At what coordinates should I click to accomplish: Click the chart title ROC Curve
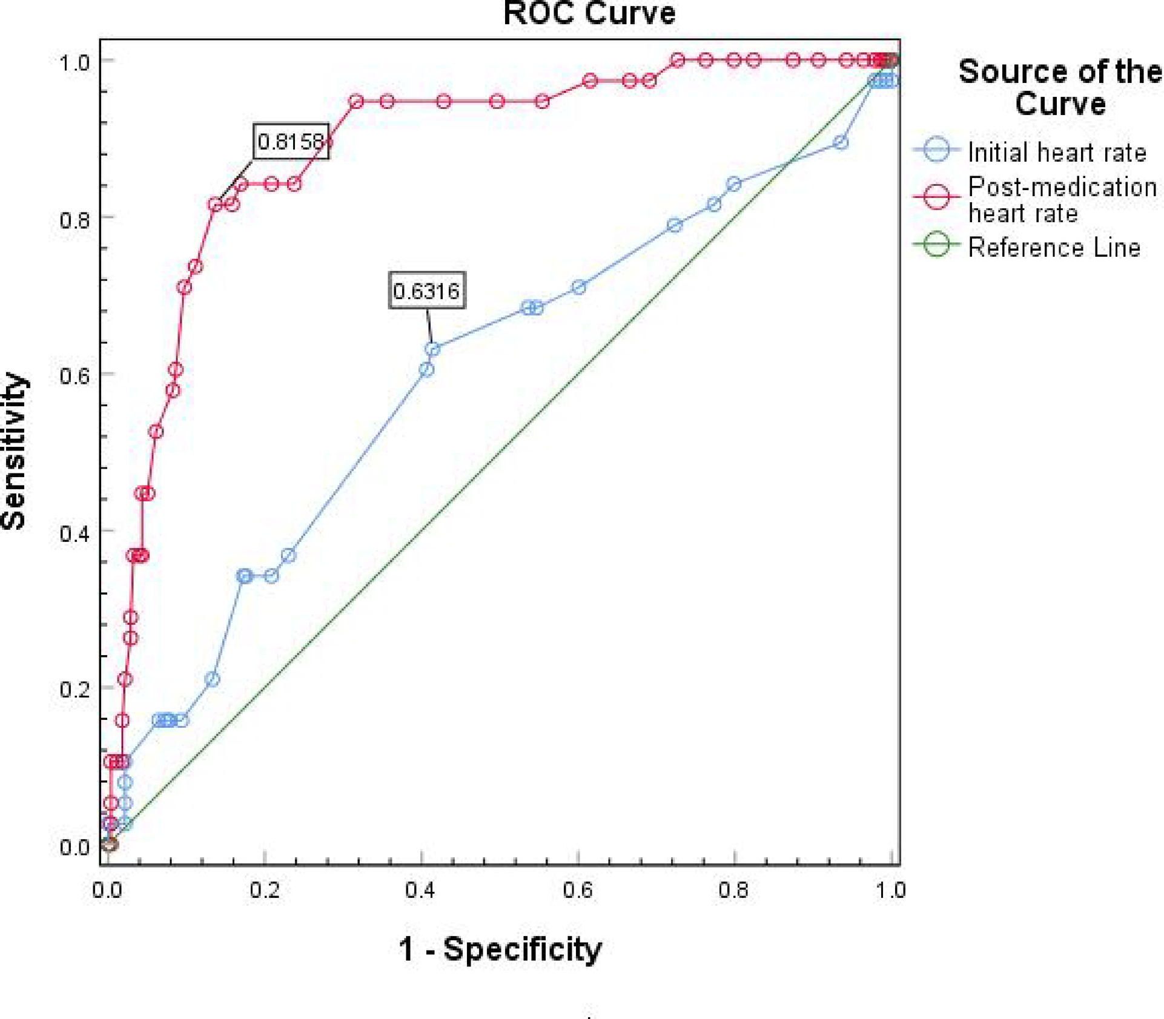[x=589, y=13]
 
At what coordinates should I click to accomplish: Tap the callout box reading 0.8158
[x=291, y=142]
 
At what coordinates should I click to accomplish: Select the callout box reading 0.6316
[x=426, y=291]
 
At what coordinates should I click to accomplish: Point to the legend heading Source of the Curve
[x=1060, y=87]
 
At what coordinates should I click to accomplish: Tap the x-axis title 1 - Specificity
[x=500, y=948]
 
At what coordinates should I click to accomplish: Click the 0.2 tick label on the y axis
[x=75, y=689]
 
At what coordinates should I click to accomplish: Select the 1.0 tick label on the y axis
[x=75, y=62]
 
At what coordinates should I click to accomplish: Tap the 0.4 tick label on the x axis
[x=420, y=890]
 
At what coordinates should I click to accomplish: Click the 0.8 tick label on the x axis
[x=733, y=890]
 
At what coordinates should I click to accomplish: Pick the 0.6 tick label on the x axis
[x=577, y=890]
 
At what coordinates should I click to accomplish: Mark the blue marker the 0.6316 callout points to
[x=432, y=349]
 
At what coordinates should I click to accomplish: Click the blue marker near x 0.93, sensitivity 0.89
[x=841, y=143]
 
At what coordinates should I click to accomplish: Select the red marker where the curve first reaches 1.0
[x=678, y=60]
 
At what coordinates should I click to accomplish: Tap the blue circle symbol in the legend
[x=937, y=149]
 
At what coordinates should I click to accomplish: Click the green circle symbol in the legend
[x=937, y=245]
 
